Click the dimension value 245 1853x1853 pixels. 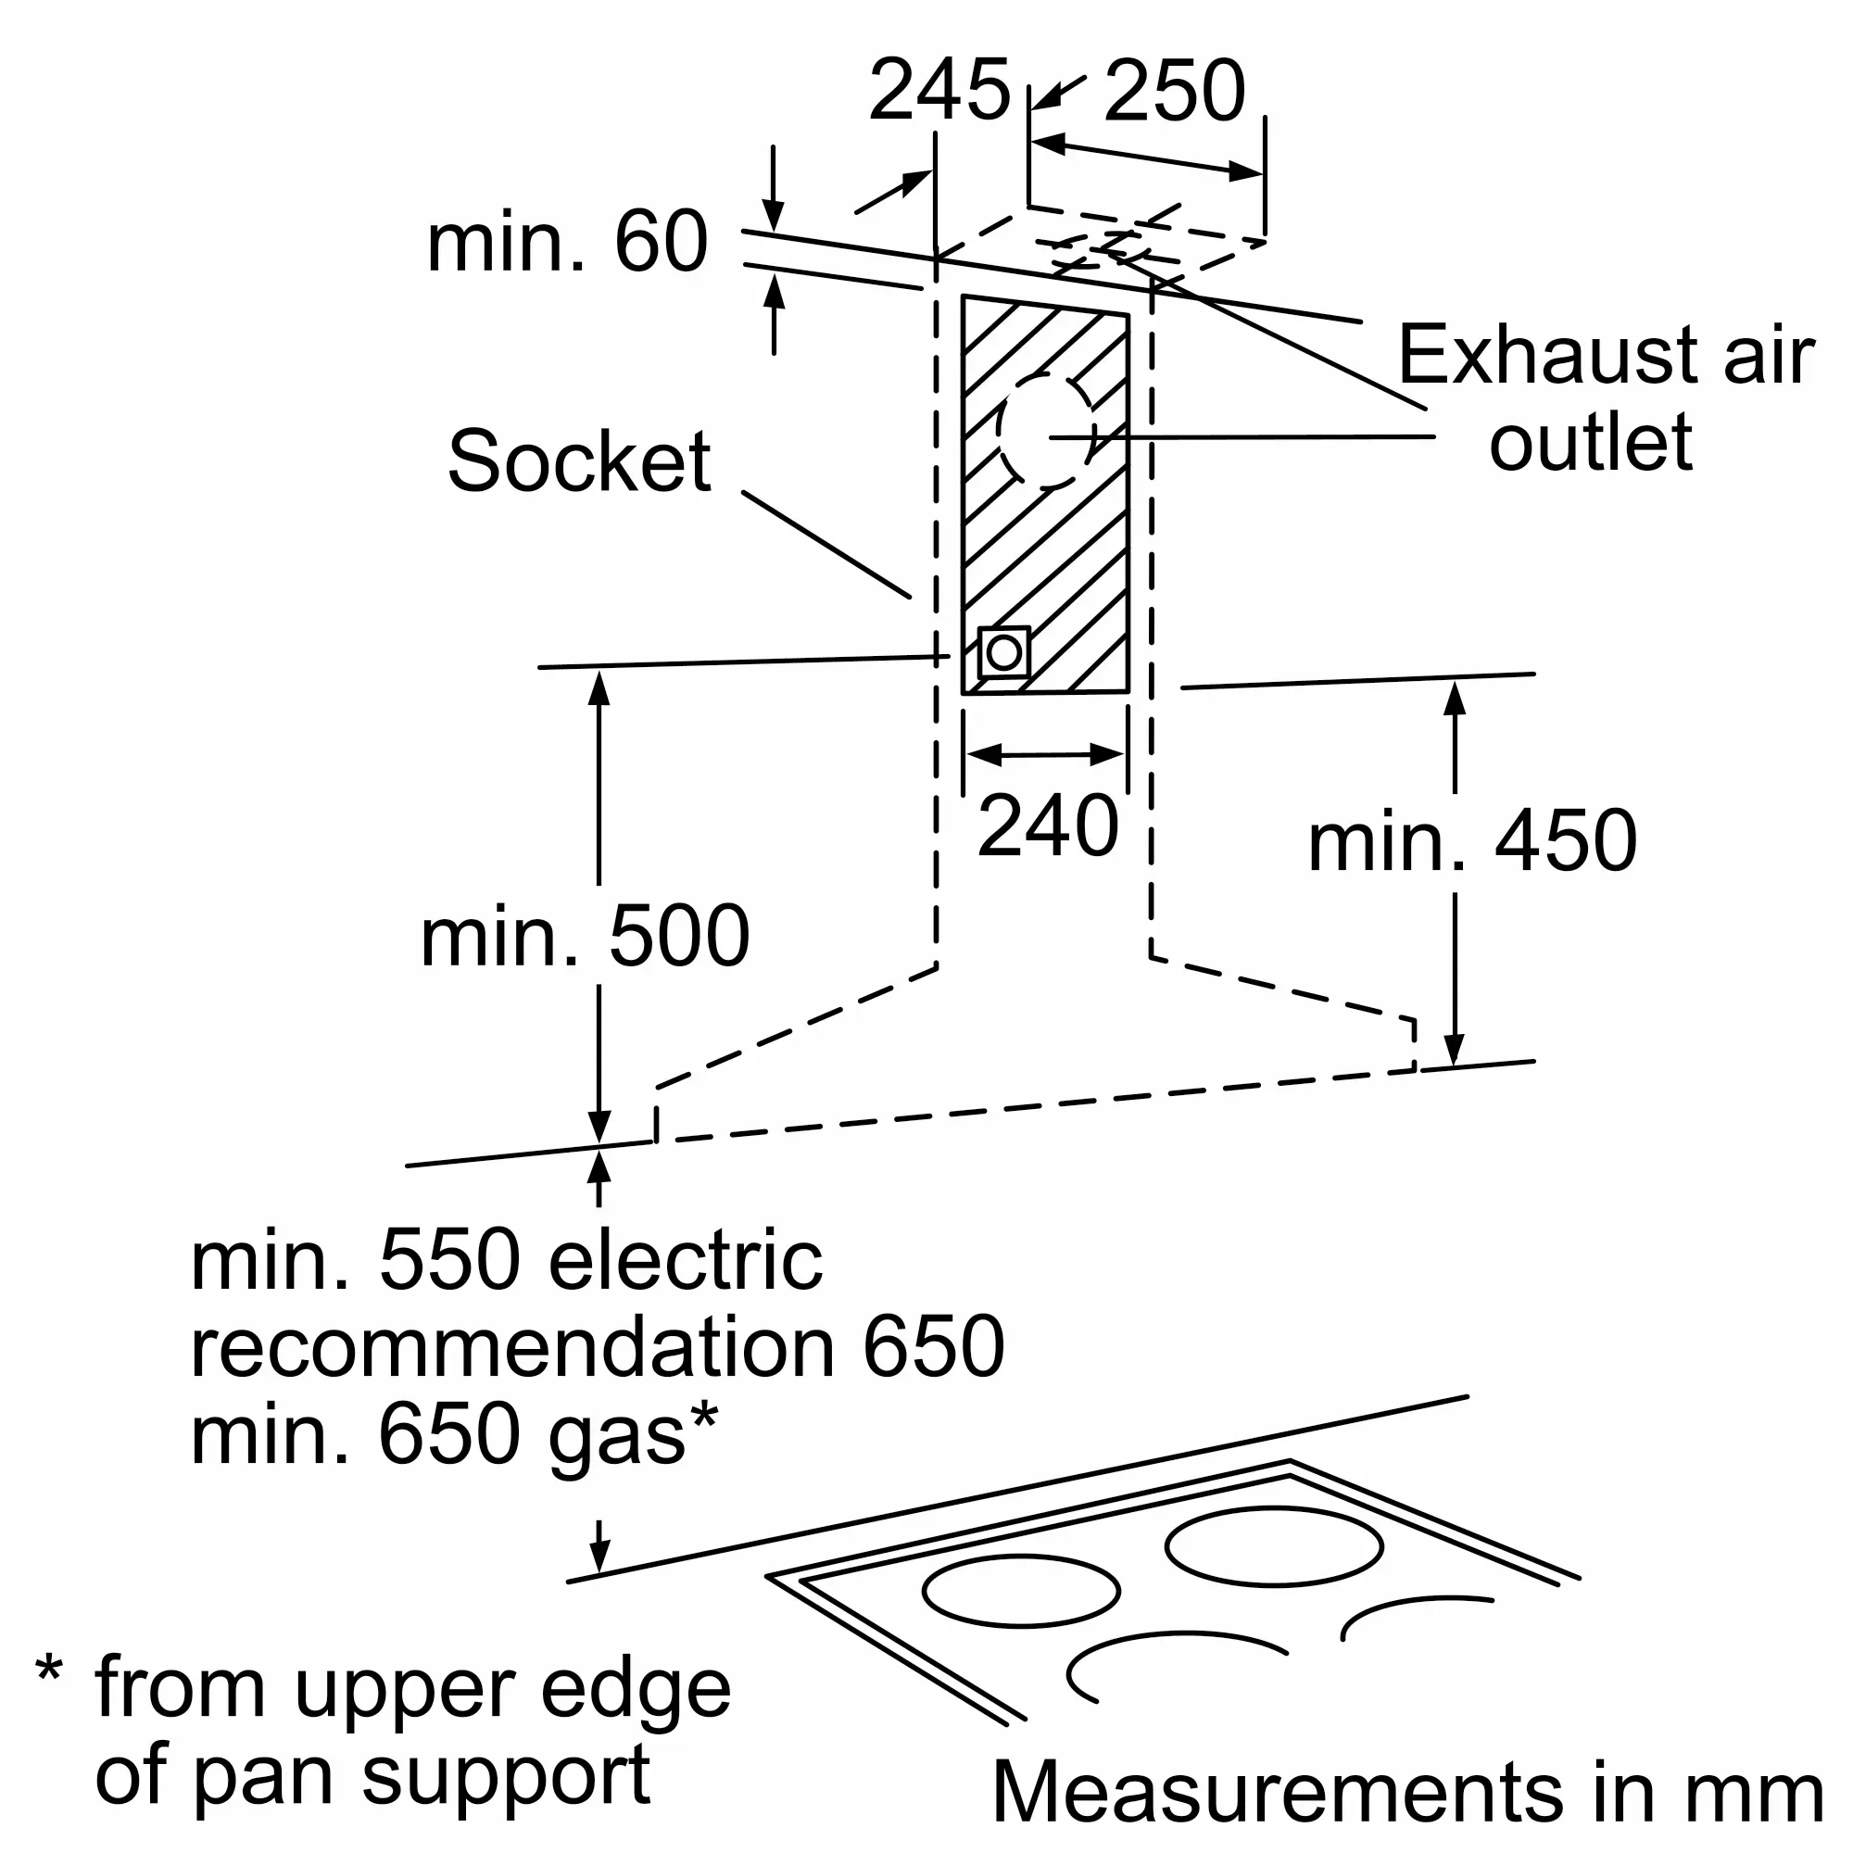[x=939, y=90]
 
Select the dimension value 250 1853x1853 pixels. [x=1174, y=90]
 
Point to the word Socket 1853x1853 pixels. [x=579, y=461]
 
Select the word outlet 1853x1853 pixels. [x=1591, y=441]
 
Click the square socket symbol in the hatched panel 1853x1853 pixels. [x=1003, y=653]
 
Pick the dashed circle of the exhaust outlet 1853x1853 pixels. [x=1045, y=431]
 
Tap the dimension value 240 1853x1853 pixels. [x=1047, y=826]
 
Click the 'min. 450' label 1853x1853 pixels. [x=1472, y=841]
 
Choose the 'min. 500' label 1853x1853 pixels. [x=585, y=936]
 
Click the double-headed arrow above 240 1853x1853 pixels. [x=1045, y=755]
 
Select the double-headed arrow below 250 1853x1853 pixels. [x=1147, y=158]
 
